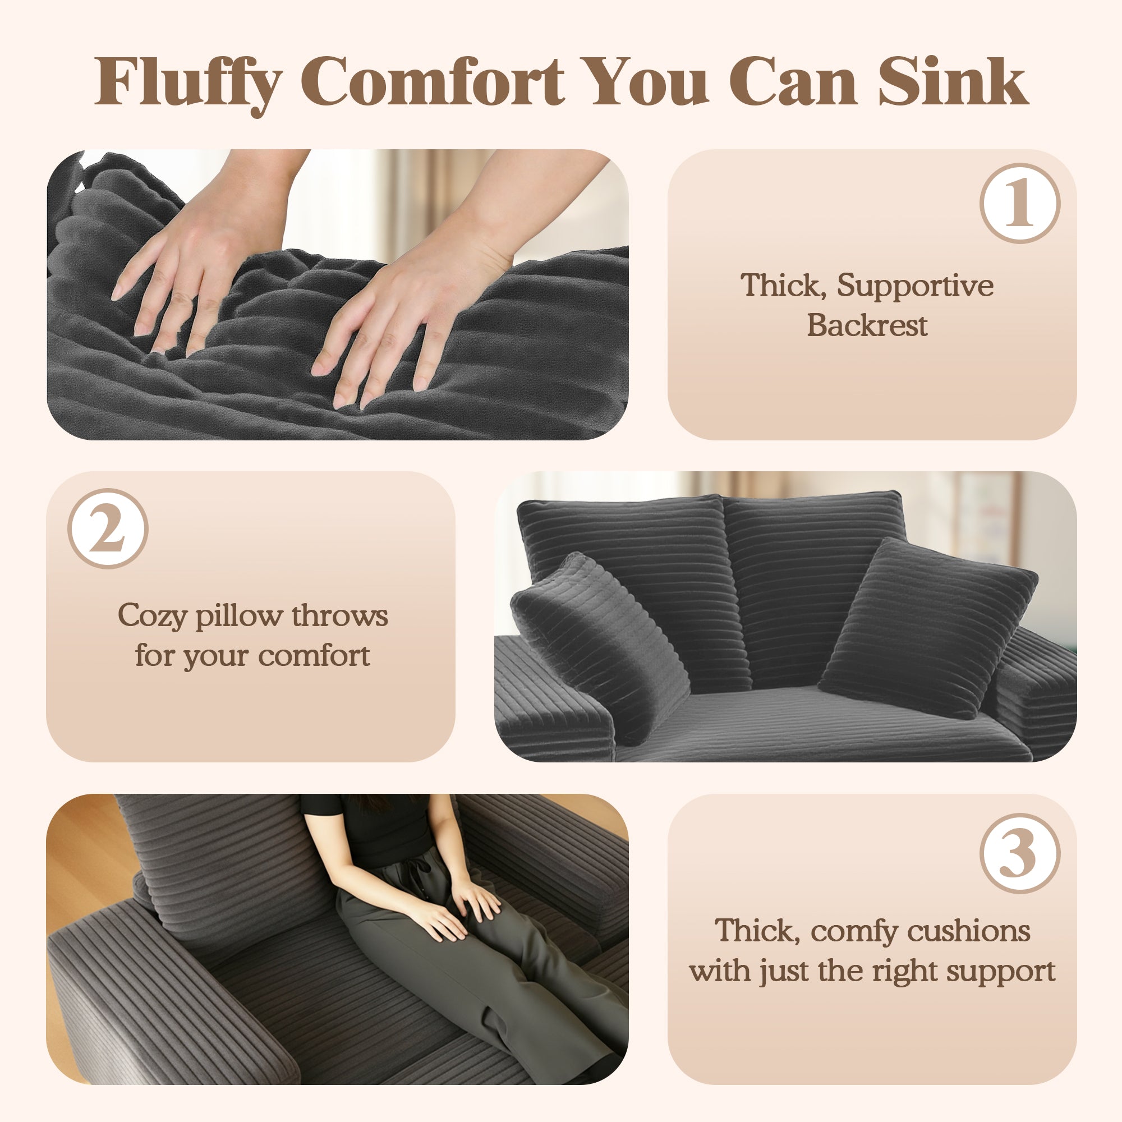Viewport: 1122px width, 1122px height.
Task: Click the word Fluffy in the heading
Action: point(189,82)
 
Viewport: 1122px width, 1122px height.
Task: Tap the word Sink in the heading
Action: point(953,82)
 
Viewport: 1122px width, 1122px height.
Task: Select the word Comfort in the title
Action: point(433,82)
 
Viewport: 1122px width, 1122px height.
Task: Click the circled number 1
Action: point(1020,203)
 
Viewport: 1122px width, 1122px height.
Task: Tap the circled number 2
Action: point(108,528)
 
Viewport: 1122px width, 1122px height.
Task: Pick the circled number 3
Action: point(1020,854)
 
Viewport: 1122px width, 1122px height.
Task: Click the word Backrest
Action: point(867,325)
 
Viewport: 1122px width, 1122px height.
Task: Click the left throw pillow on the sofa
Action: point(598,639)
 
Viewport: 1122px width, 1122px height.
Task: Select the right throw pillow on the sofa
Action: point(929,627)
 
